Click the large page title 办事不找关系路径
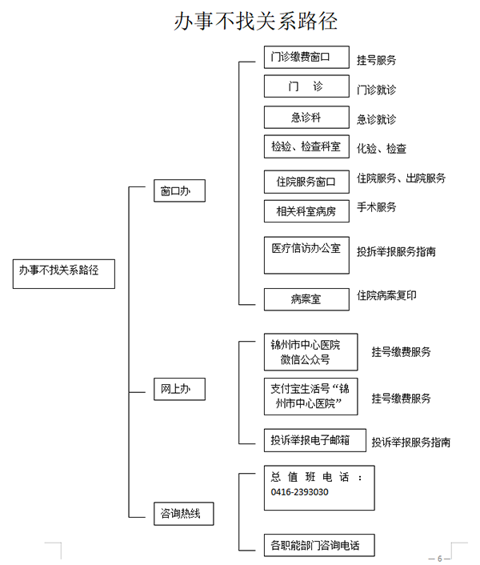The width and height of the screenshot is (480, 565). click(256, 21)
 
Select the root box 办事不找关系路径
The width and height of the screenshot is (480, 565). click(64, 274)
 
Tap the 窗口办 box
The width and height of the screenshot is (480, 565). click(179, 190)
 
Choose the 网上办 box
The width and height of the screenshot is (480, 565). click(179, 389)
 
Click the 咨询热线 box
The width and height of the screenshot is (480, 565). click(184, 514)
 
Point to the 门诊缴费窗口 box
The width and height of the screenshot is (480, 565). click(306, 57)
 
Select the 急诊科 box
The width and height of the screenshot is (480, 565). click(306, 117)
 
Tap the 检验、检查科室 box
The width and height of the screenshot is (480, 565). click(306, 146)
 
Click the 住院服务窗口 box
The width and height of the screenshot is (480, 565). click(306, 182)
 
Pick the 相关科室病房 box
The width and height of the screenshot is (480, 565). click(306, 211)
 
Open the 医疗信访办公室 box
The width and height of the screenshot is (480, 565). click(306, 255)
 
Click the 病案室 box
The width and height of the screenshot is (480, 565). click(306, 299)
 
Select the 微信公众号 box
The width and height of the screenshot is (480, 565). click(310, 352)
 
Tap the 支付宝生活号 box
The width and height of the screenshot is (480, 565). click(310, 396)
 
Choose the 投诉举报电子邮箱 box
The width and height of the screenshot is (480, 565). click(315, 440)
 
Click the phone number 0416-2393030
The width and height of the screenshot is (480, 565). click(299, 492)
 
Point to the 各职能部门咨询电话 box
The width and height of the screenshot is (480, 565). click(319, 545)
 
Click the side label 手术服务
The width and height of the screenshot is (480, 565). click(376, 207)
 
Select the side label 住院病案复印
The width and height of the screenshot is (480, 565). click(386, 295)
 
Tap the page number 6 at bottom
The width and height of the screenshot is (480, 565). click(440, 559)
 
